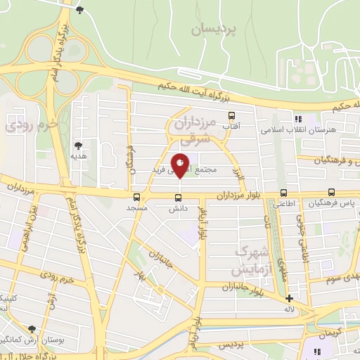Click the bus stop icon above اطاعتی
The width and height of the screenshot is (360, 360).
pyautogui.click(x=284, y=193)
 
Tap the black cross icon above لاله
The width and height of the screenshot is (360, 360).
pyautogui.click(x=289, y=298)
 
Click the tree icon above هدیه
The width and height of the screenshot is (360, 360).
pyautogui.click(x=77, y=146)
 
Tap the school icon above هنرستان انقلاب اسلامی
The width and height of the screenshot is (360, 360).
pyautogui.click(x=298, y=119)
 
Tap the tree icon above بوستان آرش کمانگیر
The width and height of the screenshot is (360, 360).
pyautogui.click(x=32, y=328)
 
